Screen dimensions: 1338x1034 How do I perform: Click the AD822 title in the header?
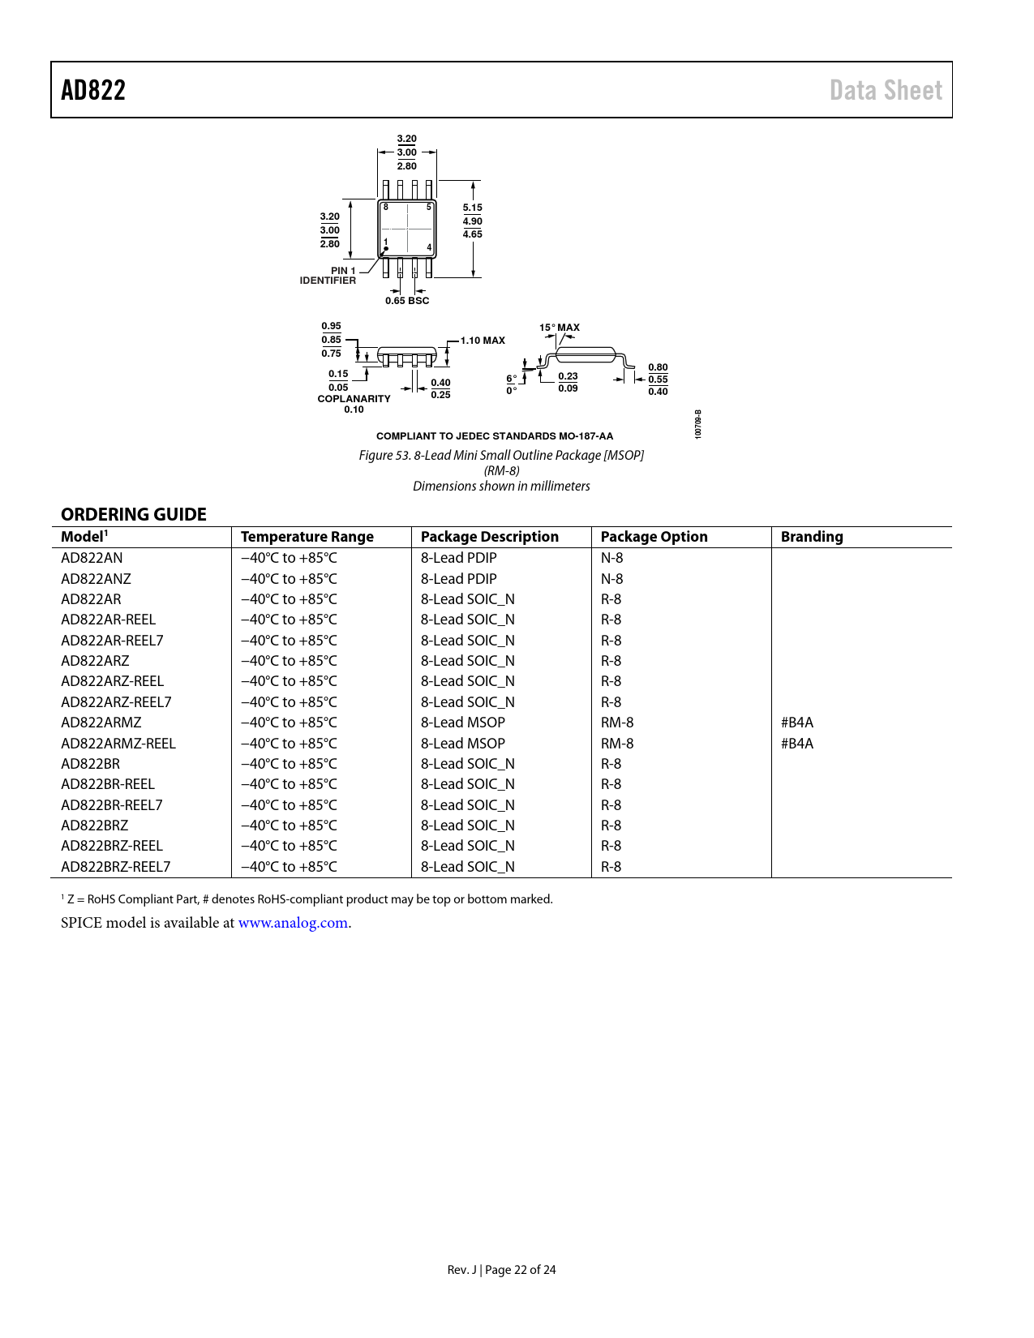(x=93, y=90)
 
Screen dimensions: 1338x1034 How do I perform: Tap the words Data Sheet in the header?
(x=886, y=90)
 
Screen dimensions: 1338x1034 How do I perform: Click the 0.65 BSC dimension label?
(x=407, y=301)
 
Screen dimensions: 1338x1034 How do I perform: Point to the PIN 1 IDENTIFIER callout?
(x=328, y=276)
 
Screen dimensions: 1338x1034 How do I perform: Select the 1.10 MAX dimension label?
(x=483, y=341)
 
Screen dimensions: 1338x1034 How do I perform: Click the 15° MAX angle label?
(x=560, y=328)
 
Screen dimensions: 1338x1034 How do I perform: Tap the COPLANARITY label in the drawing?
(x=354, y=399)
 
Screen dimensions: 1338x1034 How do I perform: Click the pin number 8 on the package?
(x=386, y=208)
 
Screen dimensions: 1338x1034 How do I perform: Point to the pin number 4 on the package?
(x=429, y=247)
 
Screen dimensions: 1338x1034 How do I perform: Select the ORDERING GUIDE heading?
(x=134, y=514)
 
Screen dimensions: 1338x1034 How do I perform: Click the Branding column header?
(x=812, y=537)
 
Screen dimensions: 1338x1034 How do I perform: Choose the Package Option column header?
(x=654, y=537)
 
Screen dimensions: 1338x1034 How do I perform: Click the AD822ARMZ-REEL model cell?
(x=118, y=744)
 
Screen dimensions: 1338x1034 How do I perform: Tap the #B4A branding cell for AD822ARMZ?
(x=797, y=723)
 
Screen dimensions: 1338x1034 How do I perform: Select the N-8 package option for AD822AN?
(x=611, y=558)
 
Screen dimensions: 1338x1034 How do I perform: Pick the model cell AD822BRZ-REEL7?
(x=116, y=867)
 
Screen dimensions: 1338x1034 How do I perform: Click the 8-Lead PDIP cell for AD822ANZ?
(x=458, y=579)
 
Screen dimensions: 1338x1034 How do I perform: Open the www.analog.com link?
(x=293, y=923)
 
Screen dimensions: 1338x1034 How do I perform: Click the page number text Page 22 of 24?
(x=521, y=1270)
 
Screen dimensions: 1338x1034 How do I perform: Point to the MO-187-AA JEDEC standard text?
(x=586, y=436)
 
